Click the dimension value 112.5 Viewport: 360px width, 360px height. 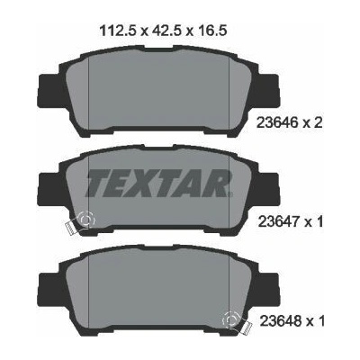click(118, 31)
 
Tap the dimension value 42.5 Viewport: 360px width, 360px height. click(166, 31)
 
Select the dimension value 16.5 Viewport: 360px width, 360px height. click(210, 31)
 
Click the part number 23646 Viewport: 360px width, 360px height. click(276, 122)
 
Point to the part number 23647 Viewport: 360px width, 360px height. click(276, 222)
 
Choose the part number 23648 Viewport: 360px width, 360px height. click(280, 321)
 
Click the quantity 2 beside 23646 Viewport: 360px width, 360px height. click(318, 122)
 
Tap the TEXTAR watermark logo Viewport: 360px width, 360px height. click(159, 183)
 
